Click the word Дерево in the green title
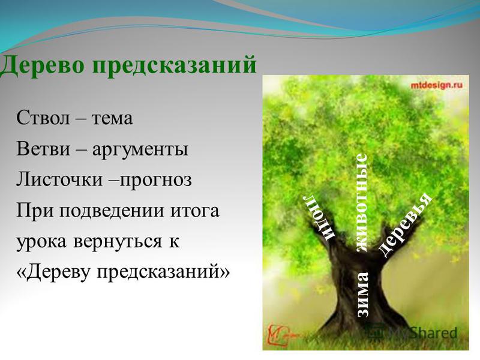[41, 65]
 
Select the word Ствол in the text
[43, 118]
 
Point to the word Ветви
[43, 149]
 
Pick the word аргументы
[140, 151]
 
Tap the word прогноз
[155, 181]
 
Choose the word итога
[196, 212]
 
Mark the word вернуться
[117, 242]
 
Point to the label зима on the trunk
[362, 294]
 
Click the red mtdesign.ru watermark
[436, 85]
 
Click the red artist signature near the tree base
[278, 335]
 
